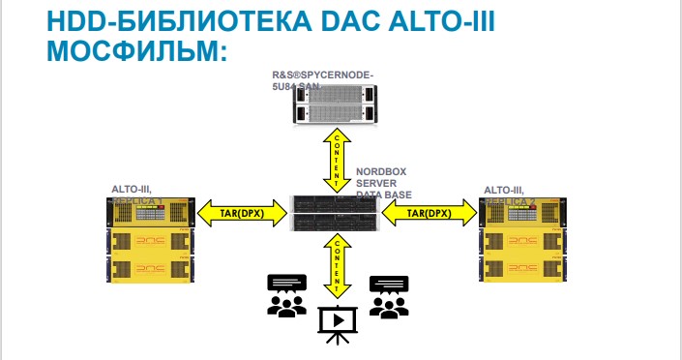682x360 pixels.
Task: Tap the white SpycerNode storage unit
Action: click(335, 104)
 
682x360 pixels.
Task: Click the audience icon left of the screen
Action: click(285, 296)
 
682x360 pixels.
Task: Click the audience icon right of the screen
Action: click(389, 296)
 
